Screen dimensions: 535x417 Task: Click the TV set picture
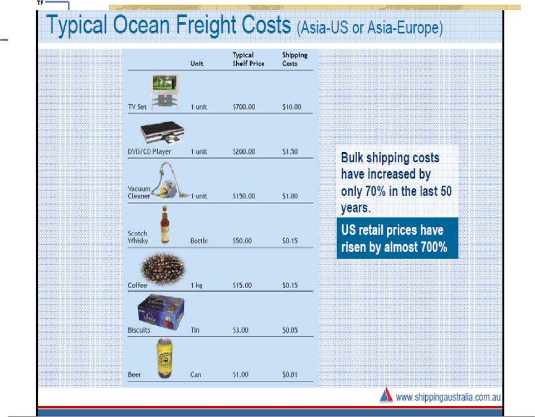[x=164, y=92]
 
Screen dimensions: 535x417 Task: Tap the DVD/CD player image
[x=162, y=133]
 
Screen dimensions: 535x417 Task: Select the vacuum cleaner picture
[x=170, y=180]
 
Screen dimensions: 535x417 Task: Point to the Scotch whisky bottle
[x=165, y=225]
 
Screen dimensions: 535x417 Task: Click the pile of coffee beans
[x=163, y=269]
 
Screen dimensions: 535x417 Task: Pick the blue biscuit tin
[x=160, y=312]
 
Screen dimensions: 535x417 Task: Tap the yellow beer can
[x=164, y=358]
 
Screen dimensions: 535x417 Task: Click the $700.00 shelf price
[x=244, y=107]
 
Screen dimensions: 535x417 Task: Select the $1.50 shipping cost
[x=290, y=152]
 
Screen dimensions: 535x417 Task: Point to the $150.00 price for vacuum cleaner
[x=244, y=196]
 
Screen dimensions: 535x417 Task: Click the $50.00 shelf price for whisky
[x=242, y=241]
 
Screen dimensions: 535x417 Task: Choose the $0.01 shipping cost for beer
[x=290, y=375]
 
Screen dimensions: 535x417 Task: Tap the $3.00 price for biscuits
[x=241, y=330]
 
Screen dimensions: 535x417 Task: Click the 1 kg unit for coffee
[x=197, y=285]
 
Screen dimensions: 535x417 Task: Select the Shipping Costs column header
[x=295, y=59]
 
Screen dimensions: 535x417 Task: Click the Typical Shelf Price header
[x=249, y=59]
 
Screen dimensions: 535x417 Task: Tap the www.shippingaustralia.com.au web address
[x=448, y=397]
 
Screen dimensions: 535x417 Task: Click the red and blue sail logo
[x=386, y=395]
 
